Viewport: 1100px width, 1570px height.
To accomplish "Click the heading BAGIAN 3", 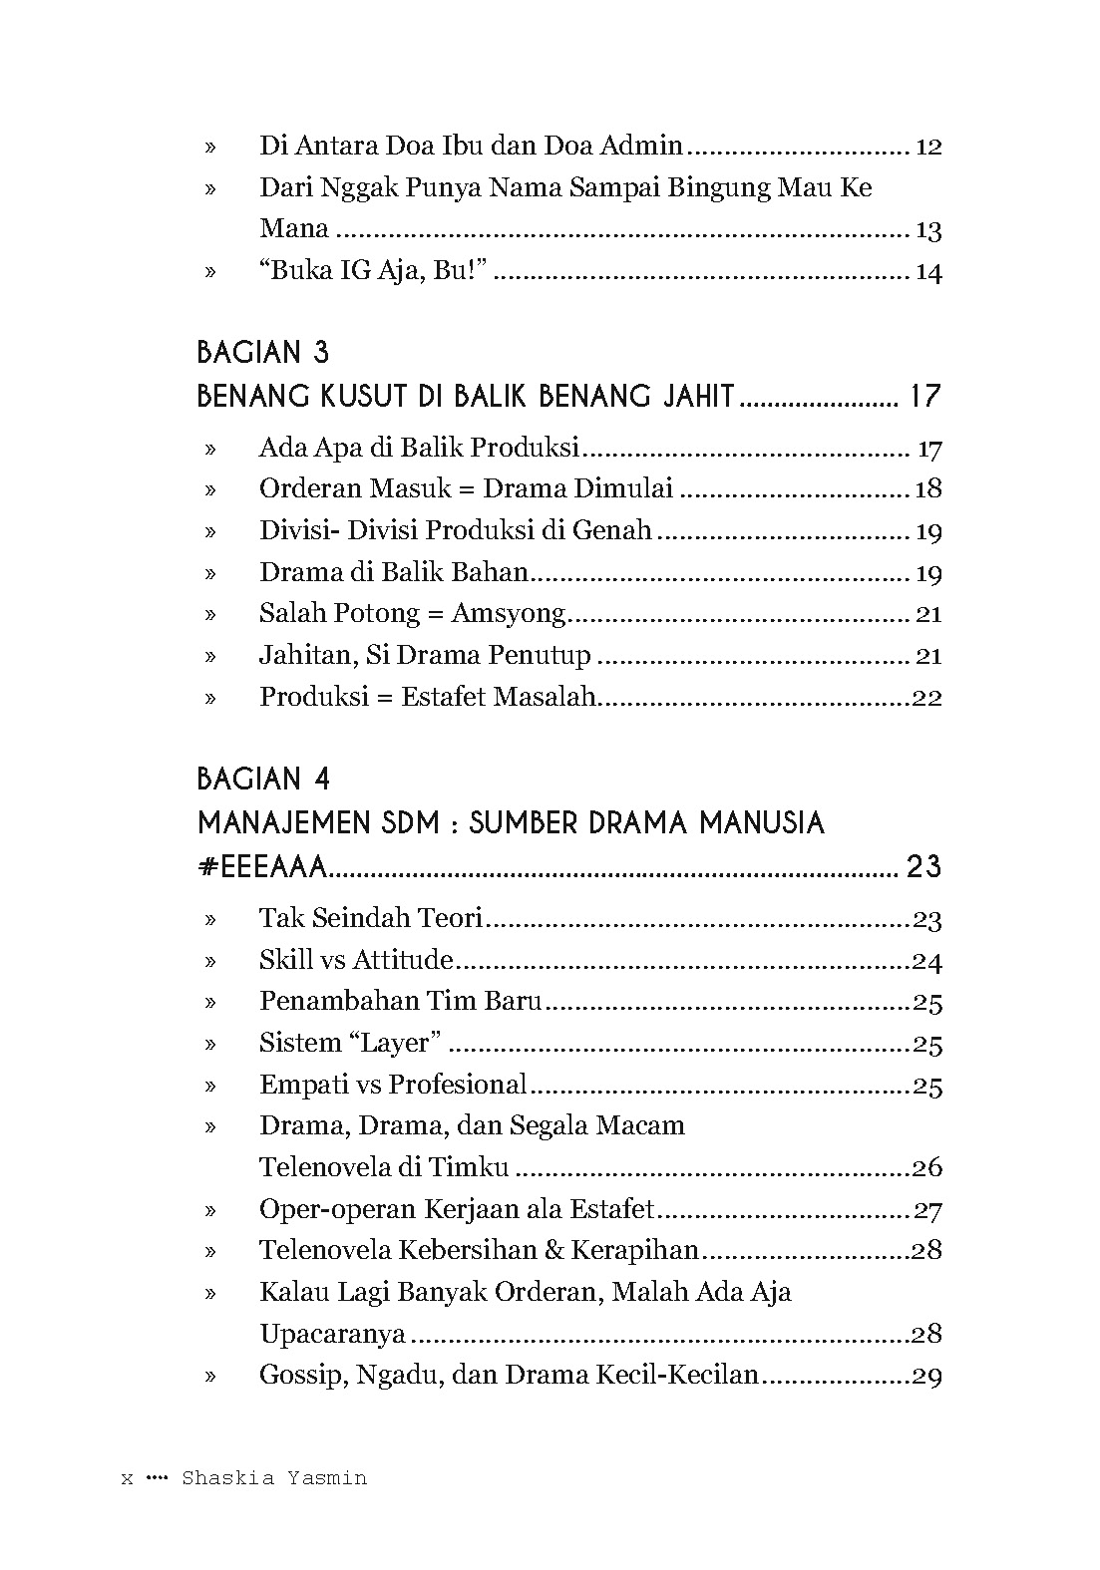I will click(x=263, y=352).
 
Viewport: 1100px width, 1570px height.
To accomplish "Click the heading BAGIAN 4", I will click(x=263, y=779).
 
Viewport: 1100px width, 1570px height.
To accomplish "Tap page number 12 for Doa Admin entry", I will click(x=927, y=147).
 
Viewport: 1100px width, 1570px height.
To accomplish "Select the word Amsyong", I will click(x=509, y=613).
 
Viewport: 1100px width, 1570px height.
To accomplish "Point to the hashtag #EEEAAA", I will click(x=263, y=866).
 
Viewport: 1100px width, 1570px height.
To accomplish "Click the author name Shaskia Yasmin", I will click(x=274, y=1478).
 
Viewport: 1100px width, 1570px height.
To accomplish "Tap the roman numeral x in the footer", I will click(x=127, y=1479).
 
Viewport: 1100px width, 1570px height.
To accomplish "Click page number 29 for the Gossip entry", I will click(x=926, y=1377).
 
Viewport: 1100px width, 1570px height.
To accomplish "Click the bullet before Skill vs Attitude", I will click(x=210, y=961).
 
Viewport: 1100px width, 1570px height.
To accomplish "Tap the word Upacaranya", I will click(x=332, y=1334).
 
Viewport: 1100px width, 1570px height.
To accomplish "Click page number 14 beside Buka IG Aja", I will click(x=928, y=272).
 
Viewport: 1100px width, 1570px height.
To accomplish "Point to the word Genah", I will click(x=612, y=530).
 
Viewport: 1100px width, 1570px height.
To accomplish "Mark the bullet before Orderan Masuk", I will click(x=210, y=489).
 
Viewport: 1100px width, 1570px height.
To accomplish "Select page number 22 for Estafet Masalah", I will click(x=926, y=697).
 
